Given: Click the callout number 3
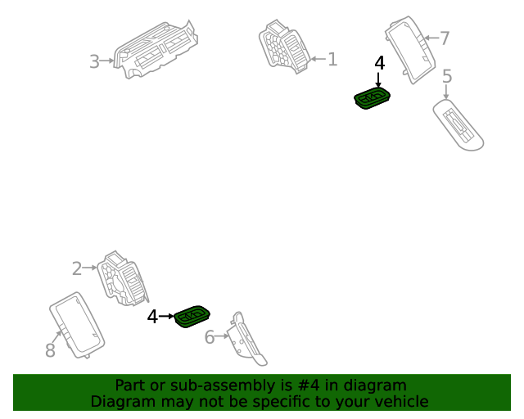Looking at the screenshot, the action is pos(95,61).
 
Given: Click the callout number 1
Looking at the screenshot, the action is pos(332,59).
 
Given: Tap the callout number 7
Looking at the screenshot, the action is pos(444,38).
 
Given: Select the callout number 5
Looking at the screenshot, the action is pos(447,76).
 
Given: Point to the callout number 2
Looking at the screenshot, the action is pos(77,268).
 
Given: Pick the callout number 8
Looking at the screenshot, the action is pos(50,350).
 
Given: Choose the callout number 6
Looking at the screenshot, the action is pos(210,337).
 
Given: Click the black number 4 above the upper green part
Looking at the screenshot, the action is pos(380,63).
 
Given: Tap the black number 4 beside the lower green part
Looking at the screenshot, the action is pos(152,316).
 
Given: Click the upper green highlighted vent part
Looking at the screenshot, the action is pos(372,98).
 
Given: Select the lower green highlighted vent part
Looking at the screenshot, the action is pos(192,317).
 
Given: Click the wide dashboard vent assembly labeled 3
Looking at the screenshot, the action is pos(156,50).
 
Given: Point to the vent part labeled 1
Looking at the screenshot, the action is pos(284,47).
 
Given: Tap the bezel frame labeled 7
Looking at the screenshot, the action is pos(410,49).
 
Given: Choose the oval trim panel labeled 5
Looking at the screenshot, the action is pos(458,124).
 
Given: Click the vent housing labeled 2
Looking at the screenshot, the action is pos(123,279).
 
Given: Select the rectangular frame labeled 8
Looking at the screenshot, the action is pos(77,326).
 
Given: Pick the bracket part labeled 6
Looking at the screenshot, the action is pos(247,339).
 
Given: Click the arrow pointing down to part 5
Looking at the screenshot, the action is pos(446,92).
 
